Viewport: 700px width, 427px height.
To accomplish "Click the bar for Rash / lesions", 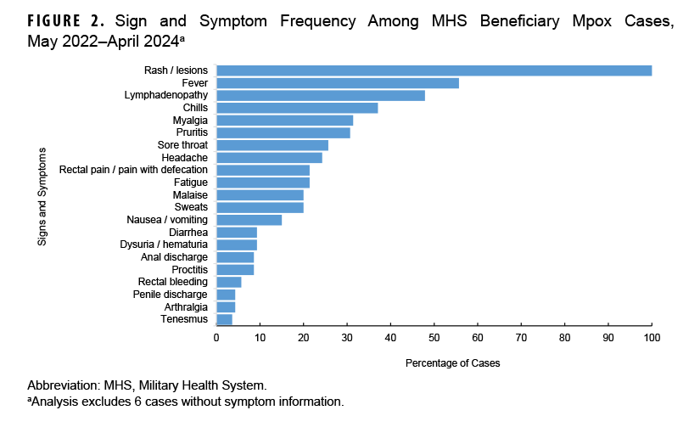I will (x=434, y=70).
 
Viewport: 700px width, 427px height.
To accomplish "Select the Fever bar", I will (x=338, y=83).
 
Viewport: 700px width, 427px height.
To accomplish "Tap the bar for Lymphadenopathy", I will (x=321, y=95).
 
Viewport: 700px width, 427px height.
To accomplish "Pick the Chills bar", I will (x=297, y=108).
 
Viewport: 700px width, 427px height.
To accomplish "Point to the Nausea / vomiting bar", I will (x=249, y=220).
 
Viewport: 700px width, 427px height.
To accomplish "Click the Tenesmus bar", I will (x=225, y=319).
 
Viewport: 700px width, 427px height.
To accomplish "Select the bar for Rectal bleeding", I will (x=229, y=282).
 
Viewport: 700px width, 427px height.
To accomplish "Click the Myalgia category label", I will (x=190, y=121).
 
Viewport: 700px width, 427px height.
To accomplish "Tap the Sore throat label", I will (x=182, y=145).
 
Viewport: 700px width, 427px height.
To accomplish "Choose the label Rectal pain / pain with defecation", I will (x=133, y=170).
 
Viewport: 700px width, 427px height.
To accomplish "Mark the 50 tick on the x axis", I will (x=434, y=338).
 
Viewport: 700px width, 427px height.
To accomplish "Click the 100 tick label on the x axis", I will (x=651, y=338).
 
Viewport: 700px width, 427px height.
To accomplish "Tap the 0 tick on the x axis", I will (x=216, y=338).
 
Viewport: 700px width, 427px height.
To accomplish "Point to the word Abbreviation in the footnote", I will (x=61, y=385).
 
